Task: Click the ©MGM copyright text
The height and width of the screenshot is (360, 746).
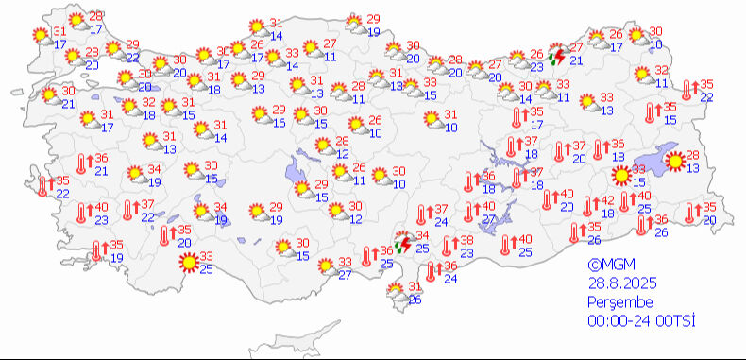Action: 606,266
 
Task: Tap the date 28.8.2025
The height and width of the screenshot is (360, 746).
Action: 619,283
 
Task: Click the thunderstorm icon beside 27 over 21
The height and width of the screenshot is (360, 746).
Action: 558,58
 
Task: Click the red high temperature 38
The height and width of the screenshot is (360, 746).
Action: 466,241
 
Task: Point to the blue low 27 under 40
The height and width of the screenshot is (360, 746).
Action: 489,219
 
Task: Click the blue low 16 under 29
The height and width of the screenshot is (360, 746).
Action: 279,123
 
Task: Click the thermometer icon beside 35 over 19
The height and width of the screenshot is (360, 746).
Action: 100,251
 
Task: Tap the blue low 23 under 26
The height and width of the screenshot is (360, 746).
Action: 536,67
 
